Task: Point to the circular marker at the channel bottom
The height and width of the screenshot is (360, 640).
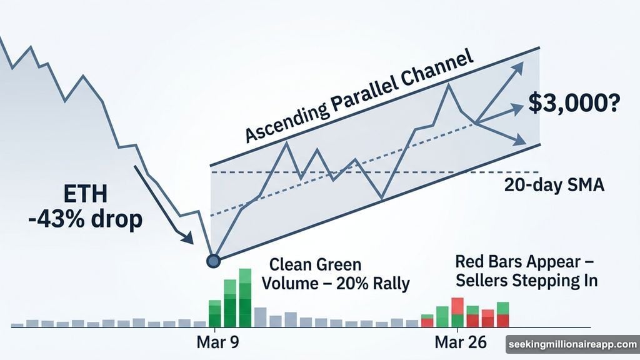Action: pos(213,261)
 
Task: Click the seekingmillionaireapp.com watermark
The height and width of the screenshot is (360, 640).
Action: pos(571,344)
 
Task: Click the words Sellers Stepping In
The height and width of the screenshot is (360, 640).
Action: pos(526,281)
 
